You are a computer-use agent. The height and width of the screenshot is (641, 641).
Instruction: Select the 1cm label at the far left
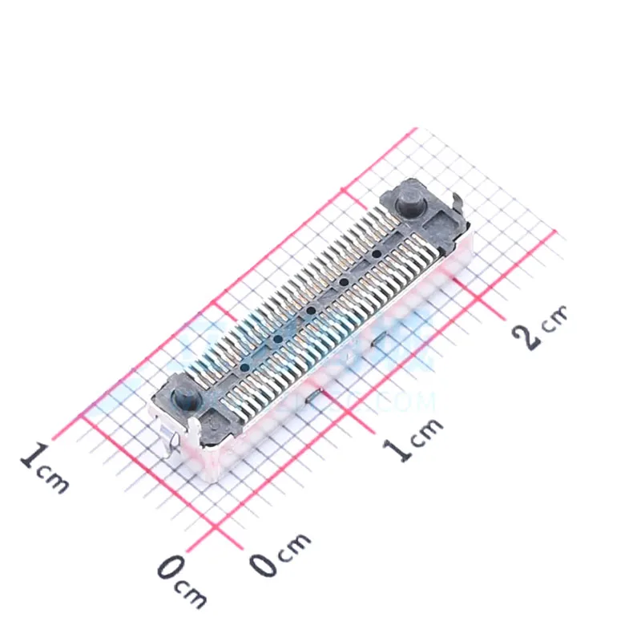pyautogui.click(x=44, y=470)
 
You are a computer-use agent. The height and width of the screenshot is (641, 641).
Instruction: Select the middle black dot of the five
pyautogui.click(x=310, y=311)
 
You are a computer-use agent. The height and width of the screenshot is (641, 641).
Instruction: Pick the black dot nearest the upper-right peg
pyautogui.click(x=375, y=254)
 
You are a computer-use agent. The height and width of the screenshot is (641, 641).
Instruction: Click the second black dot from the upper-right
pyautogui.click(x=344, y=282)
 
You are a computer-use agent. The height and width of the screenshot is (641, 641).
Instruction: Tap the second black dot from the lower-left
pyautogui.click(x=277, y=340)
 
